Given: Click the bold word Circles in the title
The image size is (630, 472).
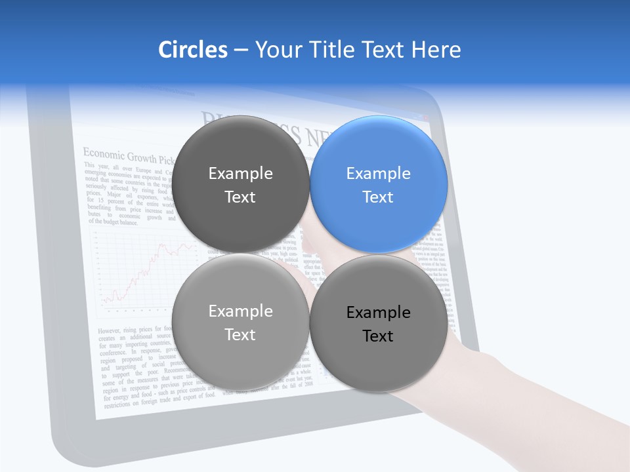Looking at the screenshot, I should (x=192, y=50).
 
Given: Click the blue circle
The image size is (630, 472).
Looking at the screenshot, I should (x=379, y=184).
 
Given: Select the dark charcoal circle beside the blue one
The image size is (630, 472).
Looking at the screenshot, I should (x=241, y=184).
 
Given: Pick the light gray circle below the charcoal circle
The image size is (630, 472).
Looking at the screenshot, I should (x=241, y=322).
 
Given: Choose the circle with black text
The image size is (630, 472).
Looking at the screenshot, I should (x=379, y=323).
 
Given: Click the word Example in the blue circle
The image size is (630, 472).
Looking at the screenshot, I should (x=378, y=174).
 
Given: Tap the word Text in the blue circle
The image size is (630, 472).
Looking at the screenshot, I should (x=378, y=197).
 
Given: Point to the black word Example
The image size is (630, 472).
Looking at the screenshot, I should (x=378, y=313).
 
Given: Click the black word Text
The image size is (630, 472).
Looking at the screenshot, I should (x=378, y=336).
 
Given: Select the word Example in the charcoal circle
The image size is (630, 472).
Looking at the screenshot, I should (x=240, y=174).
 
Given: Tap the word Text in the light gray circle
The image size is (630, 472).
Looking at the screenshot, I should (x=240, y=334).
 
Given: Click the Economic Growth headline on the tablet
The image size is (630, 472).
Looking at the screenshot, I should (x=129, y=156).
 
